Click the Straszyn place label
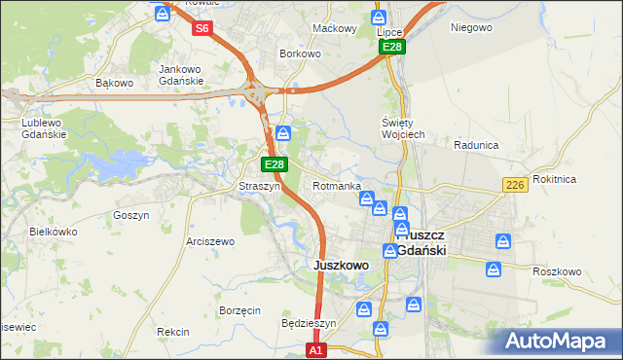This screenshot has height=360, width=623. (x=260, y=186)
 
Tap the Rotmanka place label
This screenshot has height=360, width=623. (x=338, y=186)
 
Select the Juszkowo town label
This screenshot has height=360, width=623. (x=340, y=265)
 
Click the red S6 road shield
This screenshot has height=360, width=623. (x=202, y=28)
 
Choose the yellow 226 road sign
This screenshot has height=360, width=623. (x=515, y=185)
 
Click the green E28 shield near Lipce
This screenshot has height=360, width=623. (x=391, y=47)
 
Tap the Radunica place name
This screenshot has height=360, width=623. (x=476, y=145)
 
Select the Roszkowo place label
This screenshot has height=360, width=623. (x=557, y=271)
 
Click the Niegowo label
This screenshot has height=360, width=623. (x=471, y=27)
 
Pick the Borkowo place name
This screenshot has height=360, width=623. (x=300, y=54)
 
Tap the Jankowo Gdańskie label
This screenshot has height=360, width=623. (x=180, y=75)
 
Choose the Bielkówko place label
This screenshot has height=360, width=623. (x=54, y=233)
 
